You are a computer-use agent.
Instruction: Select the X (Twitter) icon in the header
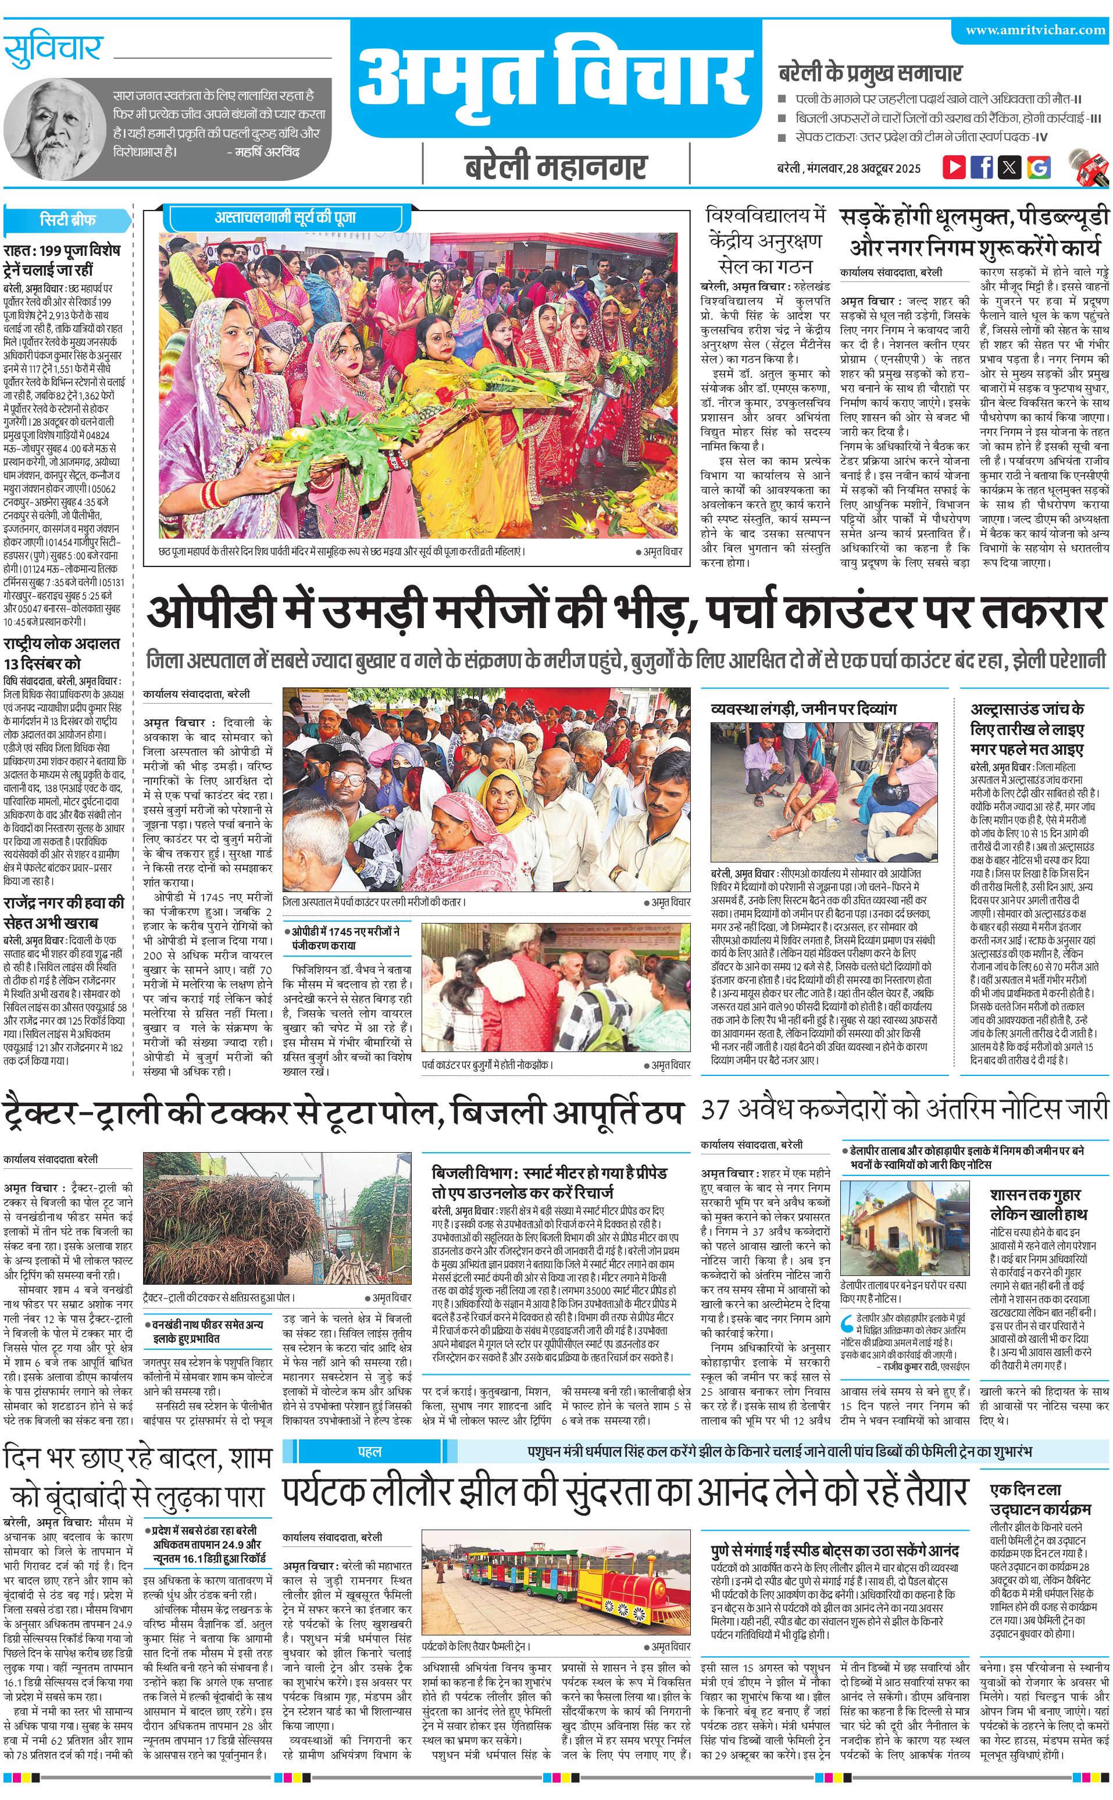click(1009, 166)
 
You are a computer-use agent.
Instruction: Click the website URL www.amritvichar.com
click(1035, 30)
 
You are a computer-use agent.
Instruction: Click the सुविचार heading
click(53, 49)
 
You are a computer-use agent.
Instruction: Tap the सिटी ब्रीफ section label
click(67, 220)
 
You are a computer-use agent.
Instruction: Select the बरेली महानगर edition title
click(556, 167)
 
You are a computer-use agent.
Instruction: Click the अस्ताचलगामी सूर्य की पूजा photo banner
click(286, 218)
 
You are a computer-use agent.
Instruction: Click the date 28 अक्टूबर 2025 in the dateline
click(883, 169)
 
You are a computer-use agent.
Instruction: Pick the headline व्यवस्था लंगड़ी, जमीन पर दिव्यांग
click(803, 709)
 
